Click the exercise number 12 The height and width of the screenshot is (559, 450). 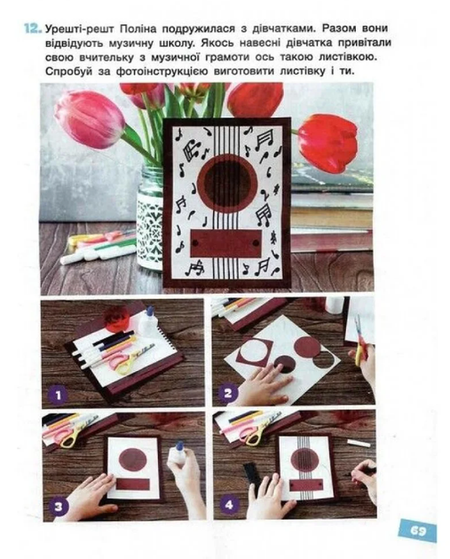point(33,28)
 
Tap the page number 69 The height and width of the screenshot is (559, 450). point(417,531)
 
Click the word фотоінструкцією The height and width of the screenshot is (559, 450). point(162,71)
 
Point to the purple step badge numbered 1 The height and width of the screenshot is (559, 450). point(59,395)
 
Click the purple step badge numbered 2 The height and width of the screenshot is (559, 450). point(228,393)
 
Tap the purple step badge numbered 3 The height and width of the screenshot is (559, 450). point(59,506)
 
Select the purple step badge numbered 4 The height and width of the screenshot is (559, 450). point(229,505)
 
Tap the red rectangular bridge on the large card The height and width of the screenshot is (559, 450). point(225,243)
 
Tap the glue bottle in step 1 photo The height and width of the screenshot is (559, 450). point(147,321)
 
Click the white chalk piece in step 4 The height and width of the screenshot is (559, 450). point(357,443)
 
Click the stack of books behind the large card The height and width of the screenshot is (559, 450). point(332,209)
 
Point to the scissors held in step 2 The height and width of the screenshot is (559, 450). point(360,342)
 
